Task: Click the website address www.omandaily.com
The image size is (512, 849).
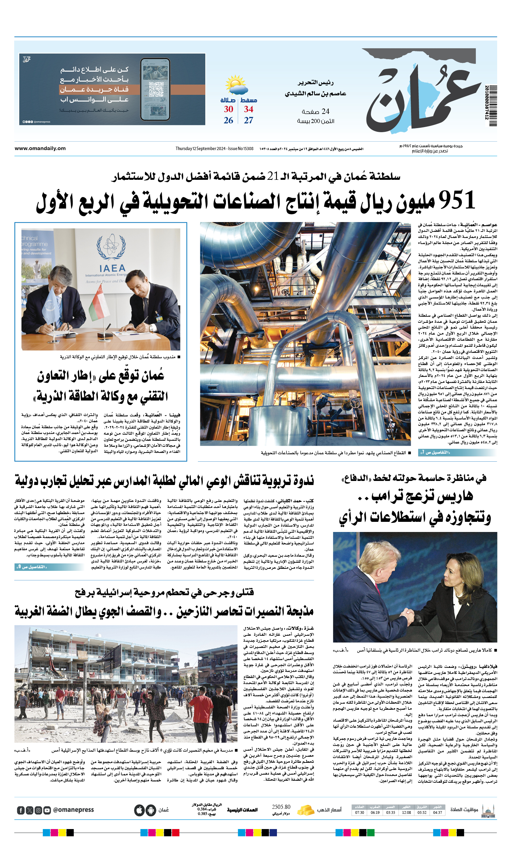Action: (40, 148)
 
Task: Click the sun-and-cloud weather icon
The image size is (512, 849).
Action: (236, 85)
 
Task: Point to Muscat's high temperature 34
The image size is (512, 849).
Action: (249, 109)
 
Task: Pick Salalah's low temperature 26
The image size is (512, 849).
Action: (228, 120)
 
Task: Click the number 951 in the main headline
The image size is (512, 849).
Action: (457, 200)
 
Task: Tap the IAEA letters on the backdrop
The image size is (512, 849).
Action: (112, 268)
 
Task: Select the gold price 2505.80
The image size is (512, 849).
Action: (281, 807)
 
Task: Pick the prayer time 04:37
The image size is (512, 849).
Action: (437, 812)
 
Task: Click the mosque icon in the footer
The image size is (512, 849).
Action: (488, 810)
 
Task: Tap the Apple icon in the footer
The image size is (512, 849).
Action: (139, 810)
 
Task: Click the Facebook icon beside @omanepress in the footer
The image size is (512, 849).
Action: (21, 810)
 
